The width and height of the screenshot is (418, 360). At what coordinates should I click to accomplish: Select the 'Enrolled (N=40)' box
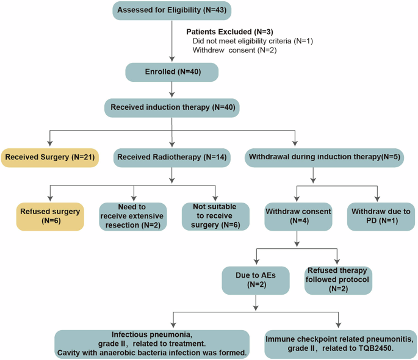click(172, 72)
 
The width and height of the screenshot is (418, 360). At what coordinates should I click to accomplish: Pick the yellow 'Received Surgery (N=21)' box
click(49, 157)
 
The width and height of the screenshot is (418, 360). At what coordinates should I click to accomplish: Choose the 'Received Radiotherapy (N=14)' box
click(173, 157)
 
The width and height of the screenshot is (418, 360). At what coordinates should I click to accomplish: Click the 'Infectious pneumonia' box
click(152, 344)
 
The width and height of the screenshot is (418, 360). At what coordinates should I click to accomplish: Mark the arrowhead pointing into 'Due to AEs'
click(255, 263)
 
